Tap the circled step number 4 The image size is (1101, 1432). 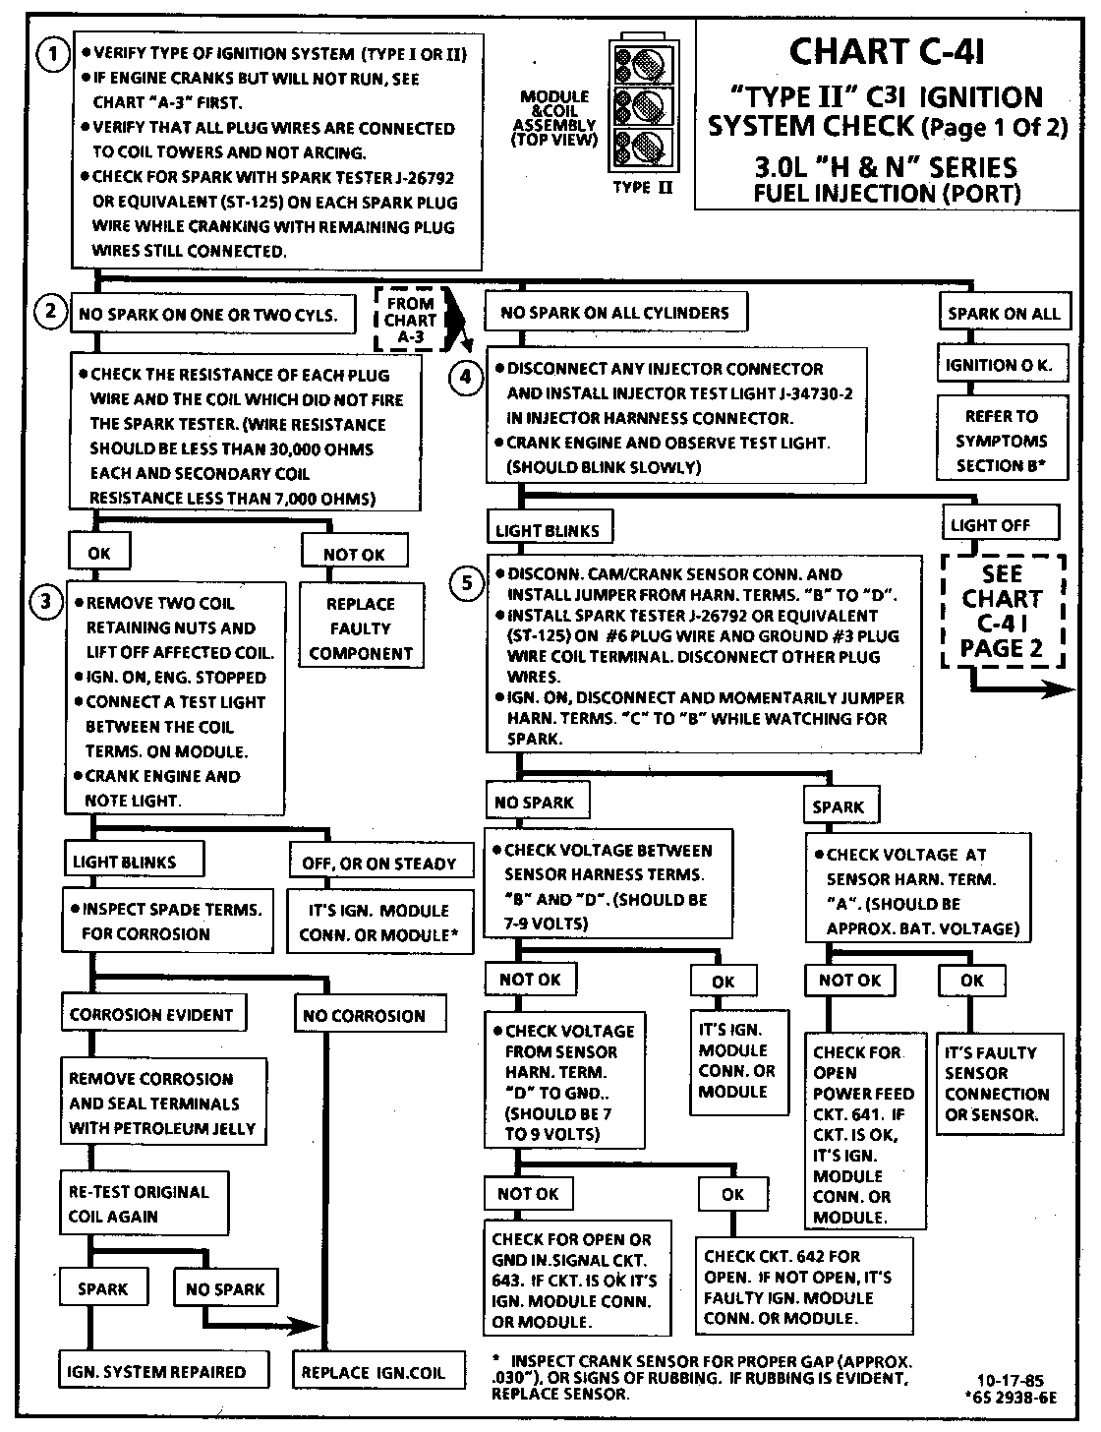(x=468, y=379)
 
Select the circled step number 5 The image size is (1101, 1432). (x=468, y=583)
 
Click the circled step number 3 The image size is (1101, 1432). (x=46, y=602)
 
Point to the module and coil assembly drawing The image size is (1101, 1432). (x=639, y=106)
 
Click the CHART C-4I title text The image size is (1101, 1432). (x=887, y=52)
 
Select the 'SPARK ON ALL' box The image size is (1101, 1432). (x=1003, y=314)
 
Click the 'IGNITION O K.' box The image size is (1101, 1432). (x=998, y=365)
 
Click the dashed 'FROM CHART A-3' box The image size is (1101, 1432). (x=410, y=320)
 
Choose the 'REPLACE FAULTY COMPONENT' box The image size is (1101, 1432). (x=360, y=628)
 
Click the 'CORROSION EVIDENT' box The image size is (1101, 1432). (x=151, y=1014)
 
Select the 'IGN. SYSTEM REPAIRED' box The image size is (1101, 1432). (x=156, y=1372)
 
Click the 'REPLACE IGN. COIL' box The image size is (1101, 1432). (x=374, y=1373)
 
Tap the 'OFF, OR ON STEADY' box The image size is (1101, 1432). (x=378, y=864)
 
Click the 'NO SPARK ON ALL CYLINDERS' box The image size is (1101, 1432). (x=614, y=313)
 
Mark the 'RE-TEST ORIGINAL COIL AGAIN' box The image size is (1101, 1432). (x=144, y=1203)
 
